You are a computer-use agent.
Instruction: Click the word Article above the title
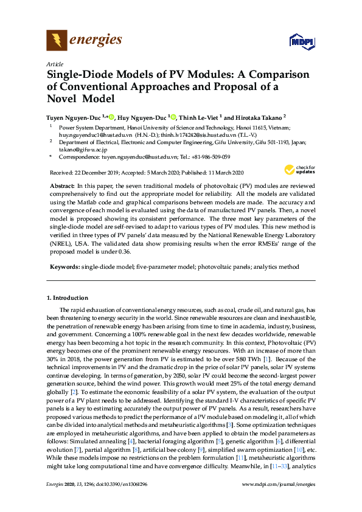(54, 64)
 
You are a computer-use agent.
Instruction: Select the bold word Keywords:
(63, 268)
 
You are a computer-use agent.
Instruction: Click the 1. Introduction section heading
(68, 298)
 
